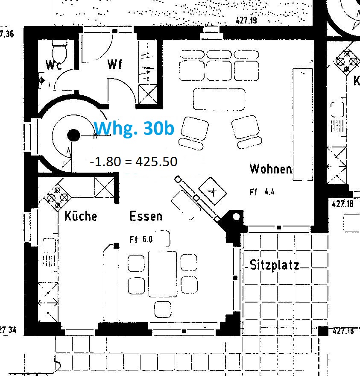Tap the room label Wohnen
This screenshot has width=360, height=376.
pos(271,169)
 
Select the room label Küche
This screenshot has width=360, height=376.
pos(81,216)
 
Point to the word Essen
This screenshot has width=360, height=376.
pos(146,216)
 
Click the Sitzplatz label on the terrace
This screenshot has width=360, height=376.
pos(274,265)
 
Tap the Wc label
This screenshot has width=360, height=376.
pos(54,65)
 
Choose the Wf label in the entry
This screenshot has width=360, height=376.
pos(115,65)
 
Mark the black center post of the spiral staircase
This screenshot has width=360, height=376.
pos(73,135)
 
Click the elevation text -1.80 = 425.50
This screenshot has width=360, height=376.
pos(133,162)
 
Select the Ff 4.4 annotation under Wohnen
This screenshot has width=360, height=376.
pos(261,192)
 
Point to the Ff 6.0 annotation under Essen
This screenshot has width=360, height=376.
pos(141,239)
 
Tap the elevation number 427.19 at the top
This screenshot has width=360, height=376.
pos(248,20)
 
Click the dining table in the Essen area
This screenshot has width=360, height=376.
pos(162,273)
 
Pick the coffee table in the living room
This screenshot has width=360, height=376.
pos(219,99)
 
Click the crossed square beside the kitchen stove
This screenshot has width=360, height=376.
pos(103,187)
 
